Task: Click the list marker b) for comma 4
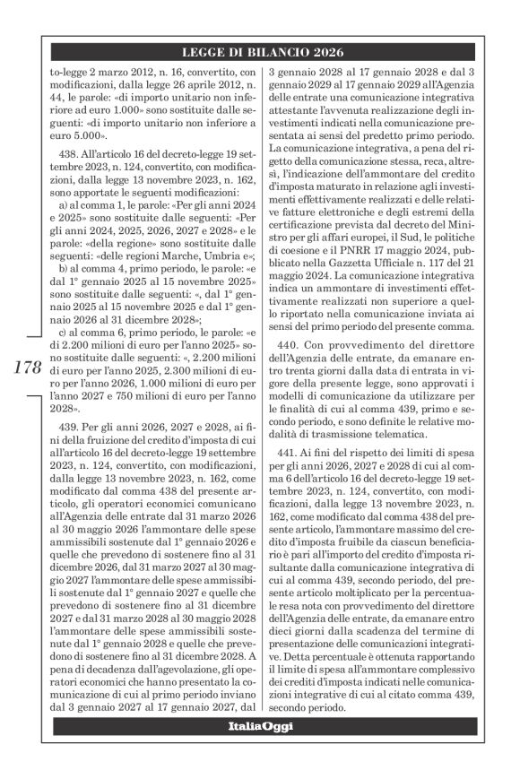click(x=63, y=267)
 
